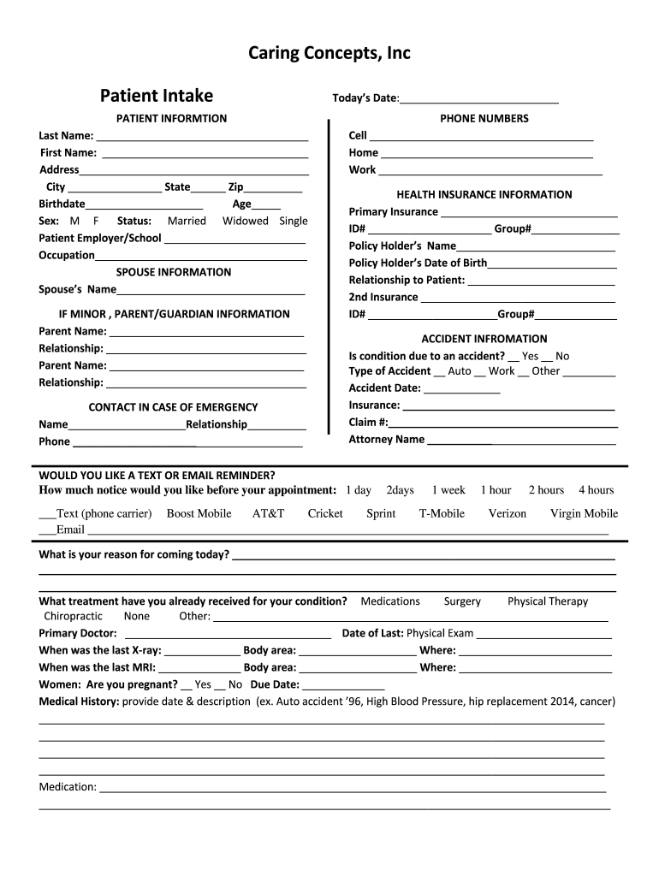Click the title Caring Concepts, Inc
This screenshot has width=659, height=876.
[x=329, y=54]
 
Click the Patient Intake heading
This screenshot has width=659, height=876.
[x=157, y=96]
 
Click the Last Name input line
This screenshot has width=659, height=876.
[x=202, y=136]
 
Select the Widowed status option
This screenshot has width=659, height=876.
[x=246, y=221]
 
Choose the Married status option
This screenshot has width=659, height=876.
[x=187, y=221]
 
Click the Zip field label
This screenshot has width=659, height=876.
[x=235, y=187]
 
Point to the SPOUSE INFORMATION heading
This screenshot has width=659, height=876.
[x=173, y=272]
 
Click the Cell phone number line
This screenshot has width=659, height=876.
[x=481, y=136]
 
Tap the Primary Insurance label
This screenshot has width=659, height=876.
[x=393, y=212]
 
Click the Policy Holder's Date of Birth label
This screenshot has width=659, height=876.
[x=418, y=263]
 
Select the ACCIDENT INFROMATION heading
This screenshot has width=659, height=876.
[x=484, y=339]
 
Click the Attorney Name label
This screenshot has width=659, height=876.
[x=386, y=440]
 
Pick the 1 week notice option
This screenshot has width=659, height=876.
[x=448, y=490]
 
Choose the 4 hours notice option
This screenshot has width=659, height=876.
[x=596, y=490]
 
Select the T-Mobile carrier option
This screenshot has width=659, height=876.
[x=442, y=513]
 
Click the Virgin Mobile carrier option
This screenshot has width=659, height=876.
[x=584, y=513]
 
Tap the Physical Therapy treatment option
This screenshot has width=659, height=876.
[x=548, y=601]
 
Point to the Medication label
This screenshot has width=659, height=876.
[x=68, y=787]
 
